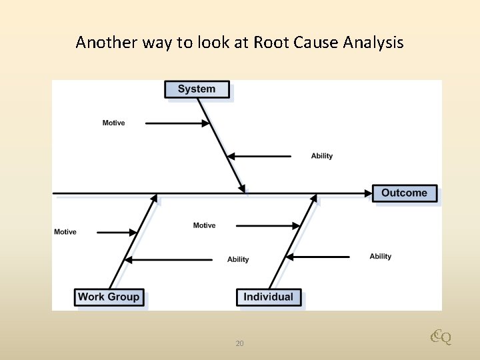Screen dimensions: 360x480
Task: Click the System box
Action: click(197, 89)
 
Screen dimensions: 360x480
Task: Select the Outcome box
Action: click(404, 193)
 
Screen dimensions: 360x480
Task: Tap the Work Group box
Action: click(109, 297)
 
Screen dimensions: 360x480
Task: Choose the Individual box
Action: click(269, 297)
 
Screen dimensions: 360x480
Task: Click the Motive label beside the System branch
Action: click(113, 123)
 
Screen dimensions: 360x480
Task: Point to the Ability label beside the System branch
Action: click(322, 156)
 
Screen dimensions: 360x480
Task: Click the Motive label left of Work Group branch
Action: click(65, 232)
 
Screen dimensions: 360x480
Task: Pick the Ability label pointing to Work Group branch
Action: click(238, 259)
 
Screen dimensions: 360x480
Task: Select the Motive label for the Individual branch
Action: click(204, 225)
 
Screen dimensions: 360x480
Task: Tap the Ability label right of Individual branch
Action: click(381, 256)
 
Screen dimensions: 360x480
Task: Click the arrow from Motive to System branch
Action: click(177, 123)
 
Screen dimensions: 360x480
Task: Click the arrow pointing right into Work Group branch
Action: click(117, 233)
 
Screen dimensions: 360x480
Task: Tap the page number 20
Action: click(240, 343)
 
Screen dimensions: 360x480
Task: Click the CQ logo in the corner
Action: click(441, 337)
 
